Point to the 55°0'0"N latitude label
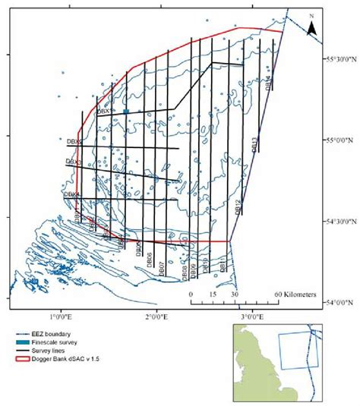pos(342,140)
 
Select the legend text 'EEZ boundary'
pos(53,335)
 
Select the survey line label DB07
pos(163,267)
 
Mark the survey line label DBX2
pos(74,140)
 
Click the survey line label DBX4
pos(71,194)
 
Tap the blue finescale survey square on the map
pos(125,112)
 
